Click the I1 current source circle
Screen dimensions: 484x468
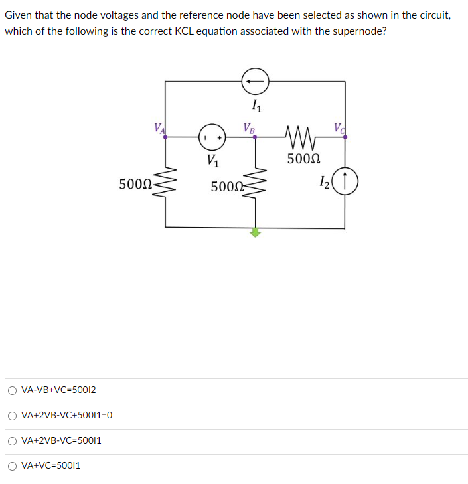coord(255,81)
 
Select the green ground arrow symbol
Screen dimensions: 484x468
coord(256,232)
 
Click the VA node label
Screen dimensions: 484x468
coord(158,127)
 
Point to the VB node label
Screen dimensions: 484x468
coord(249,127)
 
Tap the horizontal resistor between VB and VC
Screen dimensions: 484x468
coord(301,137)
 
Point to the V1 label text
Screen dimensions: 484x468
coord(212,159)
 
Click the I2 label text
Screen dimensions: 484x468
coord(324,179)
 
